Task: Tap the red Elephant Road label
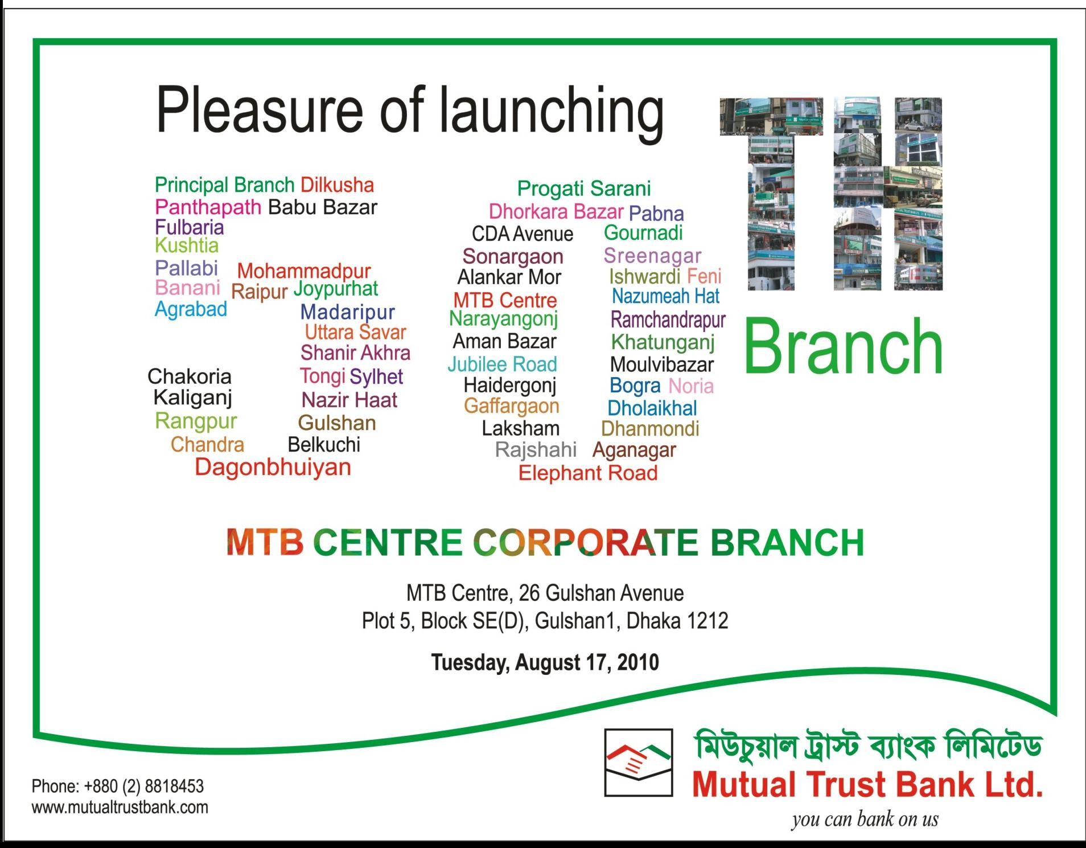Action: point(588,473)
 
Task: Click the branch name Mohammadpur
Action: point(304,271)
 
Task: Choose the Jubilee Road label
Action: point(502,364)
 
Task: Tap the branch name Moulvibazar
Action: point(662,364)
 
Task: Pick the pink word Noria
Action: point(691,386)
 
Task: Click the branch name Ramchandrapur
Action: point(668,321)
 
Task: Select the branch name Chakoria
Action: point(190,376)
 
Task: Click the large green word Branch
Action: point(843,346)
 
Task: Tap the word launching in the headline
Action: point(552,112)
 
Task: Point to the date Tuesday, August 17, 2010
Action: point(545,662)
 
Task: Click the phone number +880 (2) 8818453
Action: point(144,786)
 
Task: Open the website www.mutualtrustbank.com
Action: point(120,808)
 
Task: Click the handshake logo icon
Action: point(639,762)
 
